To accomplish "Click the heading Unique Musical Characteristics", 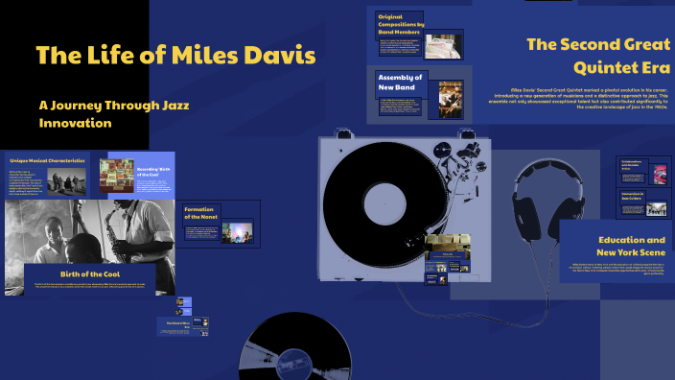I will (47, 159).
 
